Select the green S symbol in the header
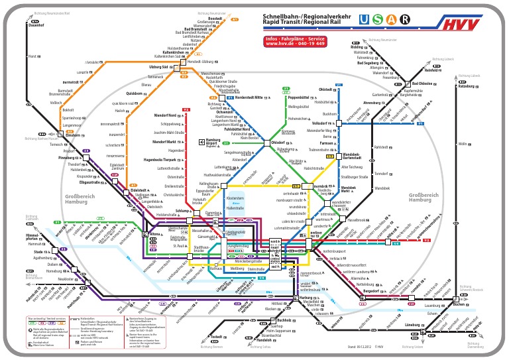point(378,19)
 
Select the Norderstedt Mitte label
point(250,97)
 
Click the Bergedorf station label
point(375,290)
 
